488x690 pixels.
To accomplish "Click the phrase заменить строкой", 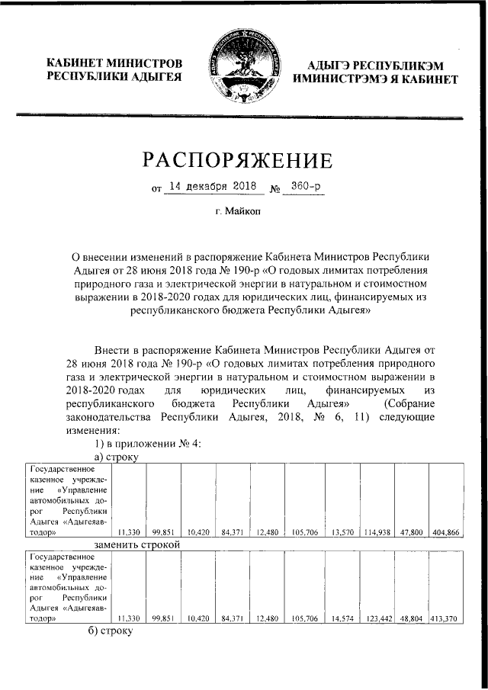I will pos(136,545).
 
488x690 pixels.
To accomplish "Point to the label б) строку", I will pos(111,632).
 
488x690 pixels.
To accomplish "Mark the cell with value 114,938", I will pos(377,534).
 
